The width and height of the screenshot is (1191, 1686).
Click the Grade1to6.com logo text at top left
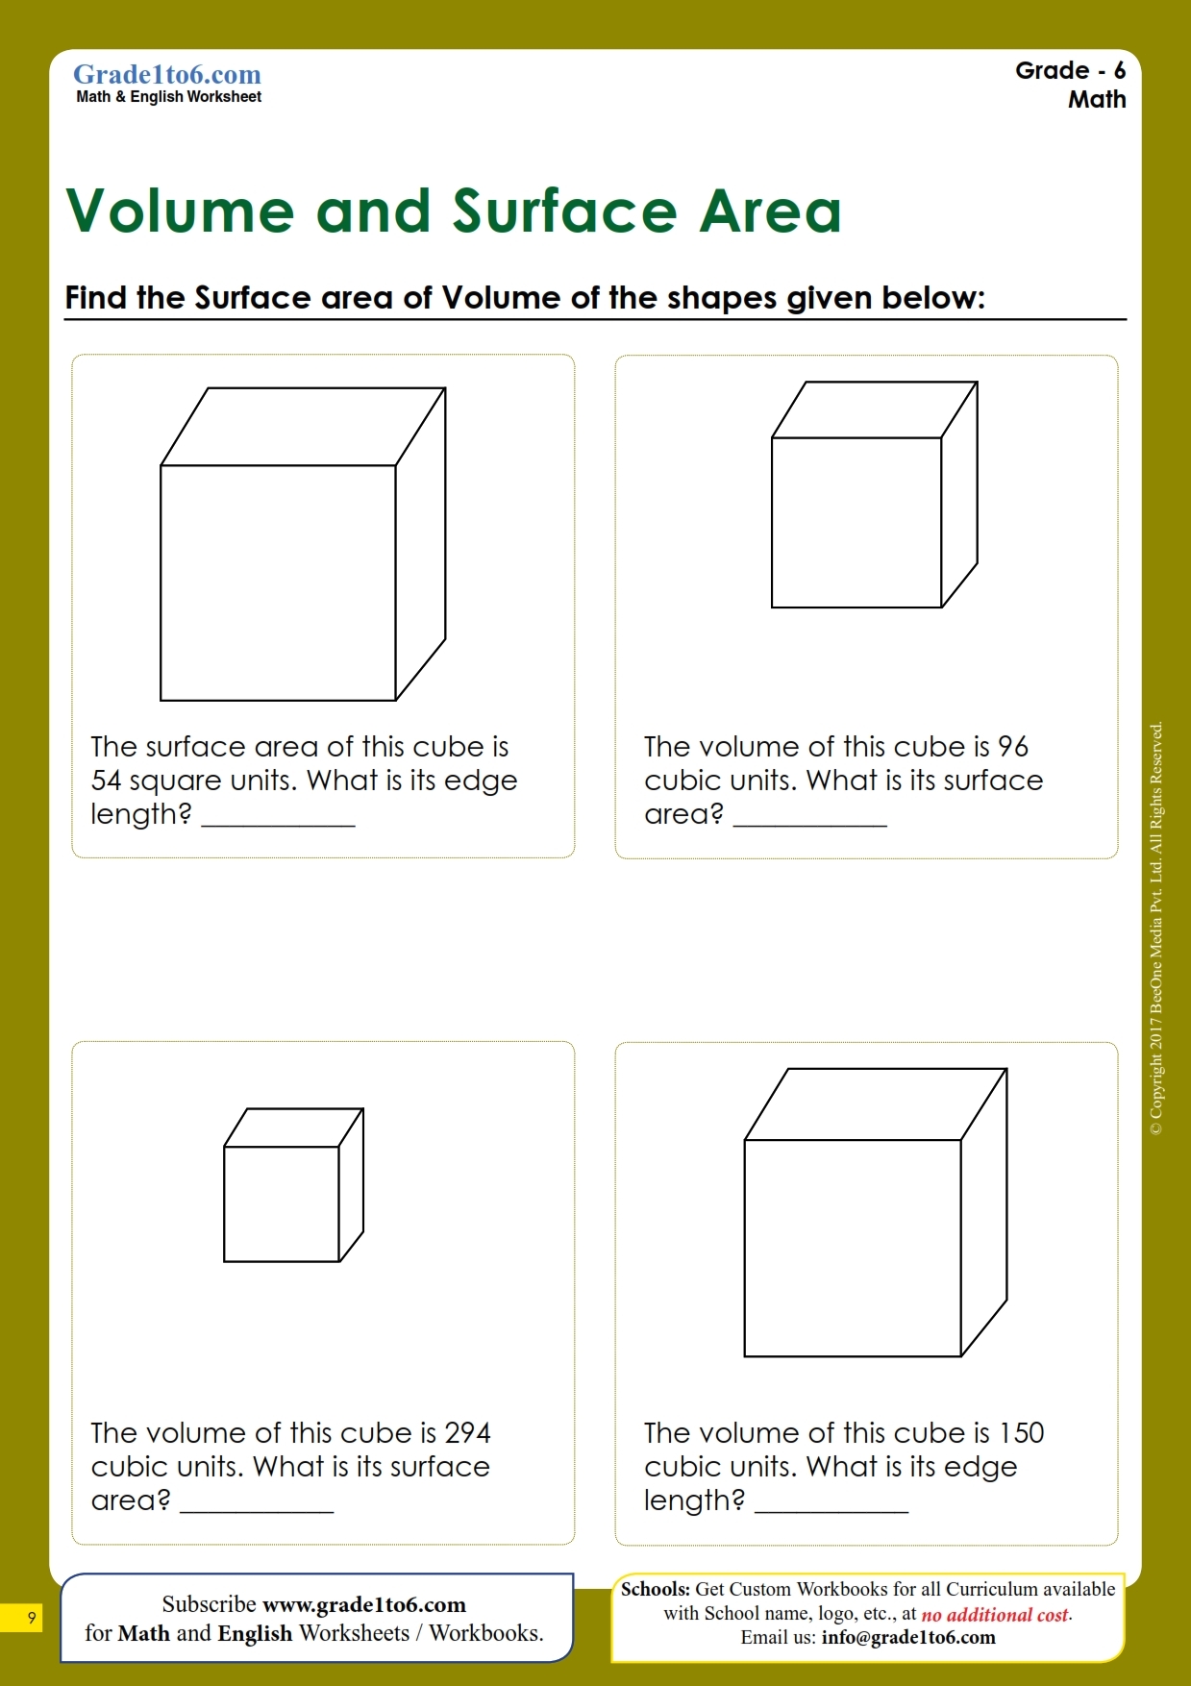pos(167,75)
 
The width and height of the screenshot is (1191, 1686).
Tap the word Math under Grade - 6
pos(1096,100)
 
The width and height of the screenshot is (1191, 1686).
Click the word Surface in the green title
pos(565,211)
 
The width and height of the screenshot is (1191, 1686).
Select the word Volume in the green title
pos(180,211)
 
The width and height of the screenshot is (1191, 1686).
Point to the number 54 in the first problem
pos(106,781)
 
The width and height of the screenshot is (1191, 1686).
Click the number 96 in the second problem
pos(1012,747)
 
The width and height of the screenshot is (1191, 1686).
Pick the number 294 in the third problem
pos(468,1433)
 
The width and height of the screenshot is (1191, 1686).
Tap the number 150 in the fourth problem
pos(1021,1433)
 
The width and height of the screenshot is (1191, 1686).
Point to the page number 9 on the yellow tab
pos(32,1618)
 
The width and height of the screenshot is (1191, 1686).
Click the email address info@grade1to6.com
pos(907,1638)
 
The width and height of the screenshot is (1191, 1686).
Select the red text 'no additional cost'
pos(994,1615)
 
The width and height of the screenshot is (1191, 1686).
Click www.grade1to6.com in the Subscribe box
pos(363,1604)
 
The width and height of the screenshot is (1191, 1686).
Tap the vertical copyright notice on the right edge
pos(1156,928)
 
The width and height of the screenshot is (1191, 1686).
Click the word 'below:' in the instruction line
pos(932,298)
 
